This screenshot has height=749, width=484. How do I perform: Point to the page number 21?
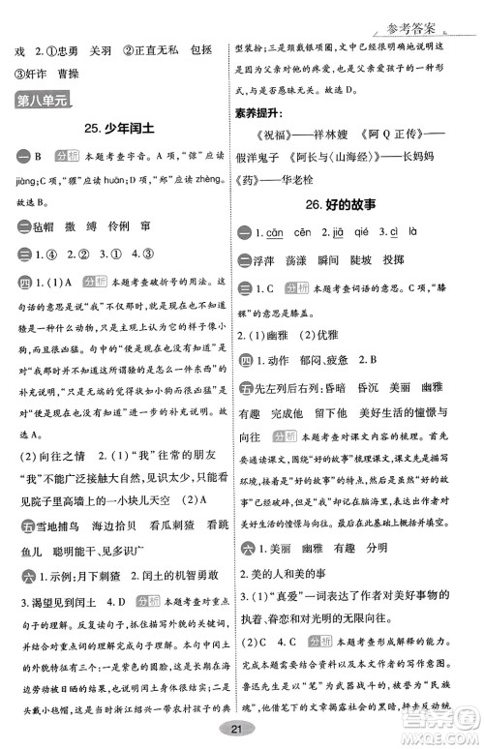(243, 728)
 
